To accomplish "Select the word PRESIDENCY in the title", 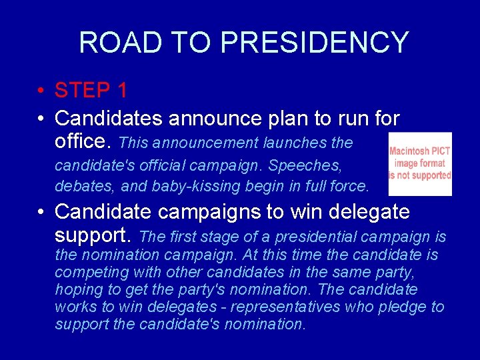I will pyautogui.click(x=314, y=43).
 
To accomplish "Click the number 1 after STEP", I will pyautogui.click(x=121, y=90).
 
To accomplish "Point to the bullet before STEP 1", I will pyautogui.click(x=41, y=91).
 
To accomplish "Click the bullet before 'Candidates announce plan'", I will pyautogui.click(x=41, y=119).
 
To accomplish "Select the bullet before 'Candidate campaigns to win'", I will pyautogui.click(x=41, y=213).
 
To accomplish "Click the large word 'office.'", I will pyautogui.click(x=85, y=141).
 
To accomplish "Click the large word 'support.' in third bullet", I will pyautogui.click(x=95, y=235).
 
